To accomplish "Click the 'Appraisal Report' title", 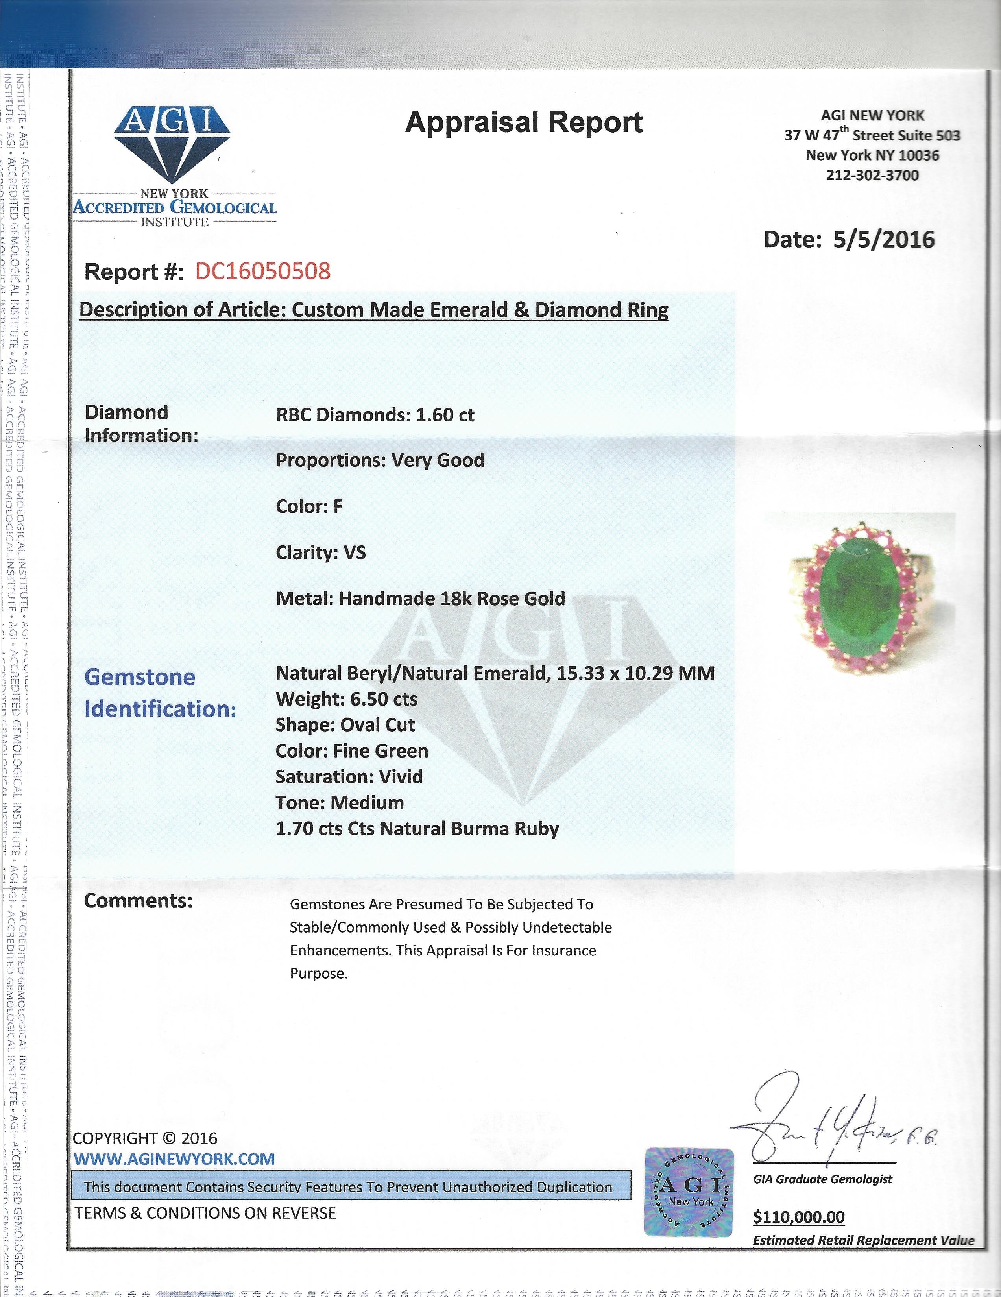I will coord(524,123).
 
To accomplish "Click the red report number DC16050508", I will coord(262,272).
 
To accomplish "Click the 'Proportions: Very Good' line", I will coord(380,460).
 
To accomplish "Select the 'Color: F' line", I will coord(309,506).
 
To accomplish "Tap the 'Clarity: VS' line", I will coord(321,552).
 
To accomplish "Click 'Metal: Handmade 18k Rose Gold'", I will coord(420,599).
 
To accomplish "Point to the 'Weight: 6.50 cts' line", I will coord(346,699).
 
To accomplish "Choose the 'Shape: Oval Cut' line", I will coord(345,725).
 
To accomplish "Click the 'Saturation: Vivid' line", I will coord(349,777).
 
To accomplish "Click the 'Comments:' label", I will coord(139,901).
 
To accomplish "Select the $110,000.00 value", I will coord(798,1218).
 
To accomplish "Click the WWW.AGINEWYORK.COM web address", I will coord(174,1158).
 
